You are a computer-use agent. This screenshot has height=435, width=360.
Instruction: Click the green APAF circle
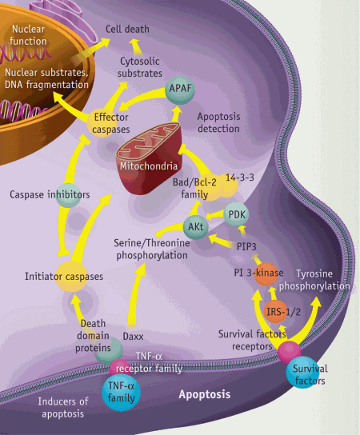click(178, 87)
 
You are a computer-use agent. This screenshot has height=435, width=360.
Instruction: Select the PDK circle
click(236, 215)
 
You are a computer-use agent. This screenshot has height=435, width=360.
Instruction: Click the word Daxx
click(133, 327)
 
